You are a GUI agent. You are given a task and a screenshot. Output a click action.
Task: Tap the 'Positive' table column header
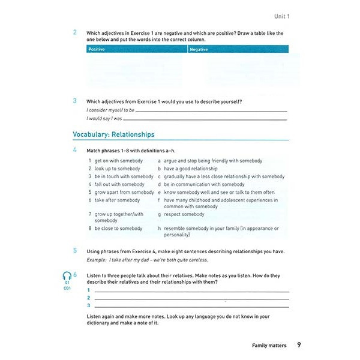pos(96,49)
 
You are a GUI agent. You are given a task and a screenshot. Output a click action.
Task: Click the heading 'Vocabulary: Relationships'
pos(113,134)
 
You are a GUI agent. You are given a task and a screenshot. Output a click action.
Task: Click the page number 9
pos(299,345)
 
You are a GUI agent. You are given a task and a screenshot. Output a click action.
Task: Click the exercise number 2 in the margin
pos(75,32)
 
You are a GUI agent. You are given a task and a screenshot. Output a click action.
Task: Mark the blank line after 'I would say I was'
pos(205,119)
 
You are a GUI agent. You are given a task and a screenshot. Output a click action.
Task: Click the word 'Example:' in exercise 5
pos(97,260)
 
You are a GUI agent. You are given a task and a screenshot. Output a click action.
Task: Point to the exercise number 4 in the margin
pos(75,149)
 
